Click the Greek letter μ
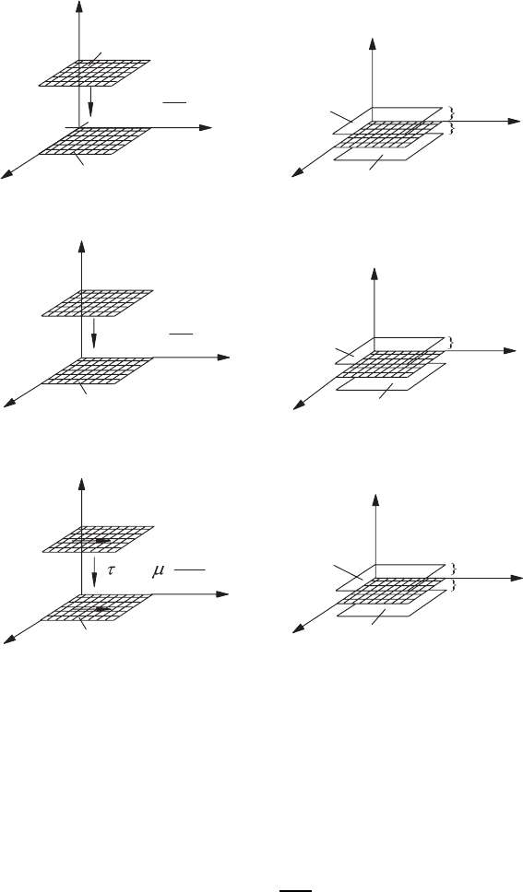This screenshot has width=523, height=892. tap(159, 570)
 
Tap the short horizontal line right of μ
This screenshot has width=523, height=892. tap(190, 569)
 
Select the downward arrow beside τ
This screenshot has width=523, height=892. tap(94, 566)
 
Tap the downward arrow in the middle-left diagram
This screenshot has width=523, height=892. tap(94, 333)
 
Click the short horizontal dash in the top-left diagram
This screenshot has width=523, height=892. tap(175, 103)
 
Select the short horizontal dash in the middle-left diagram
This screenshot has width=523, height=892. tap(181, 334)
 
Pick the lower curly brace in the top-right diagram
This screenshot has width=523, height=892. tap(452, 128)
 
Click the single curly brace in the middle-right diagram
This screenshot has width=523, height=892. tap(453, 343)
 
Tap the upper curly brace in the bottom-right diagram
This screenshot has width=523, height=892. tap(454, 569)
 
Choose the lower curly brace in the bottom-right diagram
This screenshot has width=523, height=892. tap(454, 585)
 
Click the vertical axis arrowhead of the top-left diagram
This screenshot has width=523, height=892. tap(78, 6)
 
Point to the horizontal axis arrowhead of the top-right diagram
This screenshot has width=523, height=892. tap(515, 121)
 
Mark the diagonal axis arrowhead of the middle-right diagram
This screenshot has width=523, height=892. tap(299, 406)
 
